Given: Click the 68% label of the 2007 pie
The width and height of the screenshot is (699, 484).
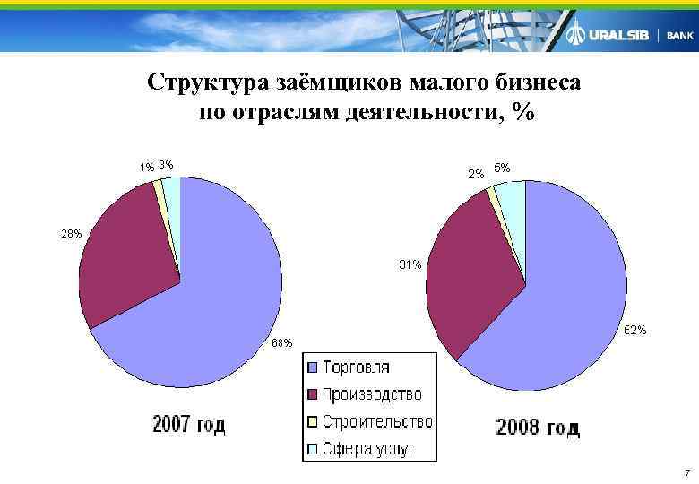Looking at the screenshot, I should point(281,344).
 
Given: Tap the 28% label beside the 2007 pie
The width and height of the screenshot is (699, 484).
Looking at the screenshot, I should point(72,233).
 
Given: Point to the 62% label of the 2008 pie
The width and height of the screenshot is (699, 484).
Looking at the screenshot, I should point(634,331).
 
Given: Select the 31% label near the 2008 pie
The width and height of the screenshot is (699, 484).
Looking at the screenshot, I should point(411,265).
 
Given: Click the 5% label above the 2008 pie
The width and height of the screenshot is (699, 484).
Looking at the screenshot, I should point(502,168).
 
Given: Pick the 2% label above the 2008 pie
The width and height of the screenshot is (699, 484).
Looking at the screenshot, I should point(476,173).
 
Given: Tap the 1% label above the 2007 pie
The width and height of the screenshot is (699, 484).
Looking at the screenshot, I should point(146,167).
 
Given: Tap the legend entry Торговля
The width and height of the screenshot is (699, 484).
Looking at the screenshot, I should point(356,367).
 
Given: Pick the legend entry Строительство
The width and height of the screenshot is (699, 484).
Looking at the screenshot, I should point(376,421).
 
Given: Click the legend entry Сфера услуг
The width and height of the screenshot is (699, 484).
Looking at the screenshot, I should point(367,449).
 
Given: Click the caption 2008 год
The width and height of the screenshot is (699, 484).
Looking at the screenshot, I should point(538,428).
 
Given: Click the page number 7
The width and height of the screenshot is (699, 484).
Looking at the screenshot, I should point(686,472).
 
